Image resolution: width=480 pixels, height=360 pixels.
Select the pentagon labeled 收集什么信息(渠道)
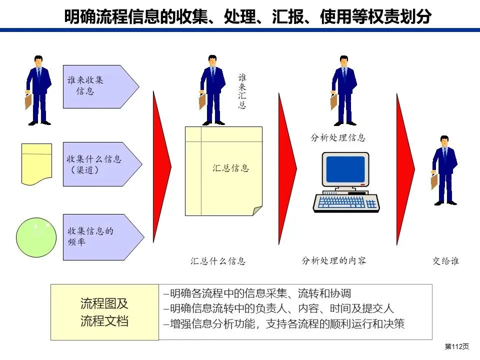(100, 164)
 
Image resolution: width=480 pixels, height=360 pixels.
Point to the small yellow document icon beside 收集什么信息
(36, 164)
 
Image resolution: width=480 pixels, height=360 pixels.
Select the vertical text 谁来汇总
(242, 91)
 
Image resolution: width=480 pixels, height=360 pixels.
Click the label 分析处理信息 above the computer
(338, 137)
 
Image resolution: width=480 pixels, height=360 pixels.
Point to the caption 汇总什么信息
(218, 261)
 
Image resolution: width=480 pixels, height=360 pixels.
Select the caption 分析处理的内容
(334, 260)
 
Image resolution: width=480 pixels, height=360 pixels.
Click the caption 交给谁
(445, 261)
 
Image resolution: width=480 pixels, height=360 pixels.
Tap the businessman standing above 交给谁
(444, 170)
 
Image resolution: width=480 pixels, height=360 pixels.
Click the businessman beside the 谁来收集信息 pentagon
(38, 90)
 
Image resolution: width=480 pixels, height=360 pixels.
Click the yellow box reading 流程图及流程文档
(104, 312)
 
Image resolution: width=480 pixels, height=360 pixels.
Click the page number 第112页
(457, 347)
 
